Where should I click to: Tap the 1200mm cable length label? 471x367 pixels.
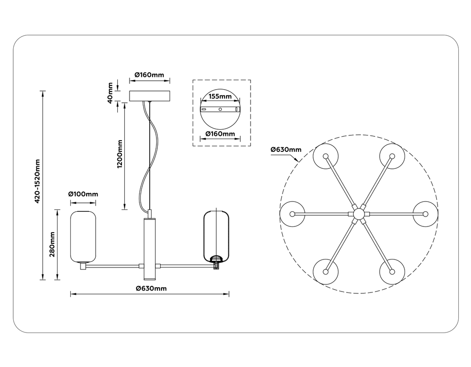[120, 154]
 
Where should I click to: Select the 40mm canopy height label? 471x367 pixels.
[110, 92]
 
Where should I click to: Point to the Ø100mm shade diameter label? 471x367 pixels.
[83, 194]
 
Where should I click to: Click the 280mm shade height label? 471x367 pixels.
[52, 244]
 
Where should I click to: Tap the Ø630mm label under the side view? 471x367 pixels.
[151, 288]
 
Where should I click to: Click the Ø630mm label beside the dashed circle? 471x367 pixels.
[285, 150]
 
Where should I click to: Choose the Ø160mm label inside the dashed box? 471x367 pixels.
[220, 134]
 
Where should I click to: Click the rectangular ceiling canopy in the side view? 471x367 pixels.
[149, 96]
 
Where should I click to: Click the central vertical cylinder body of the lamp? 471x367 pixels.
[149, 245]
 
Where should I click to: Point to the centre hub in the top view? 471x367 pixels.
[359, 214]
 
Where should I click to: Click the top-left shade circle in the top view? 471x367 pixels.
[326, 156]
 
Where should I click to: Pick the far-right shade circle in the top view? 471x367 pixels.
[426, 214]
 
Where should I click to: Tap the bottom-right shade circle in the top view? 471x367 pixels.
[392, 272]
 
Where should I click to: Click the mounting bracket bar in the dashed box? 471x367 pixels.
[220, 109]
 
